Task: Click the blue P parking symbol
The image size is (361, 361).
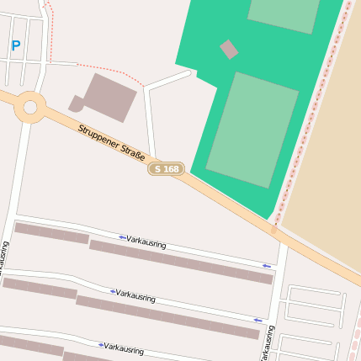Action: point(15,45)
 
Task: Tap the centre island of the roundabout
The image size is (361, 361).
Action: point(31,107)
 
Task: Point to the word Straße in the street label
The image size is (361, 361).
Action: point(134,156)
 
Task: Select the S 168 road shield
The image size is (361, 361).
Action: point(167,169)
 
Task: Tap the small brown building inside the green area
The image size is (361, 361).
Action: point(229,50)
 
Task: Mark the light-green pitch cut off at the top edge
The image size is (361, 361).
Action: point(284,13)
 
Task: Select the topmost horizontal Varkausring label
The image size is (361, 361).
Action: point(146,243)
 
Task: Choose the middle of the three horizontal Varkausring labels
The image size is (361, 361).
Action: point(135,296)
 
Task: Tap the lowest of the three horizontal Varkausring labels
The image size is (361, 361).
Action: point(124,348)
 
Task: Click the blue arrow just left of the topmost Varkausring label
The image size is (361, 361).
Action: point(122,237)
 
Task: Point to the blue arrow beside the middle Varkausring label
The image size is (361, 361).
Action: point(112,291)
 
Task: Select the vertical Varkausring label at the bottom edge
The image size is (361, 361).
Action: point(268,343)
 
